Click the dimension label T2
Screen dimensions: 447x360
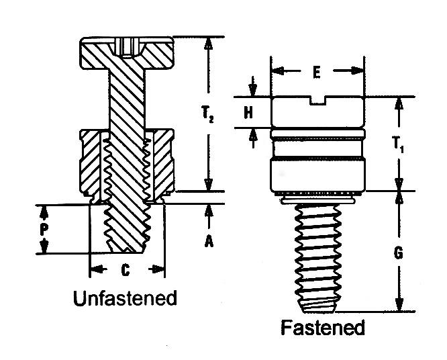tap(209, 115)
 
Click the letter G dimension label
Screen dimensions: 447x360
tap(399, 254)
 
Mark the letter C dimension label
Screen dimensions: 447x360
tap(125, 271)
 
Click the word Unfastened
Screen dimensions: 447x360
tap(125, 298)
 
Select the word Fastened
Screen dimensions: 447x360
tap(322, 328)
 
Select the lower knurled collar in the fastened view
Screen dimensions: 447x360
tap(317, 175)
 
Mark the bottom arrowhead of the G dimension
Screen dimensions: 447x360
tap(399, 306)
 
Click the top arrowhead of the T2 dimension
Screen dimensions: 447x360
tap(209, 42)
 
